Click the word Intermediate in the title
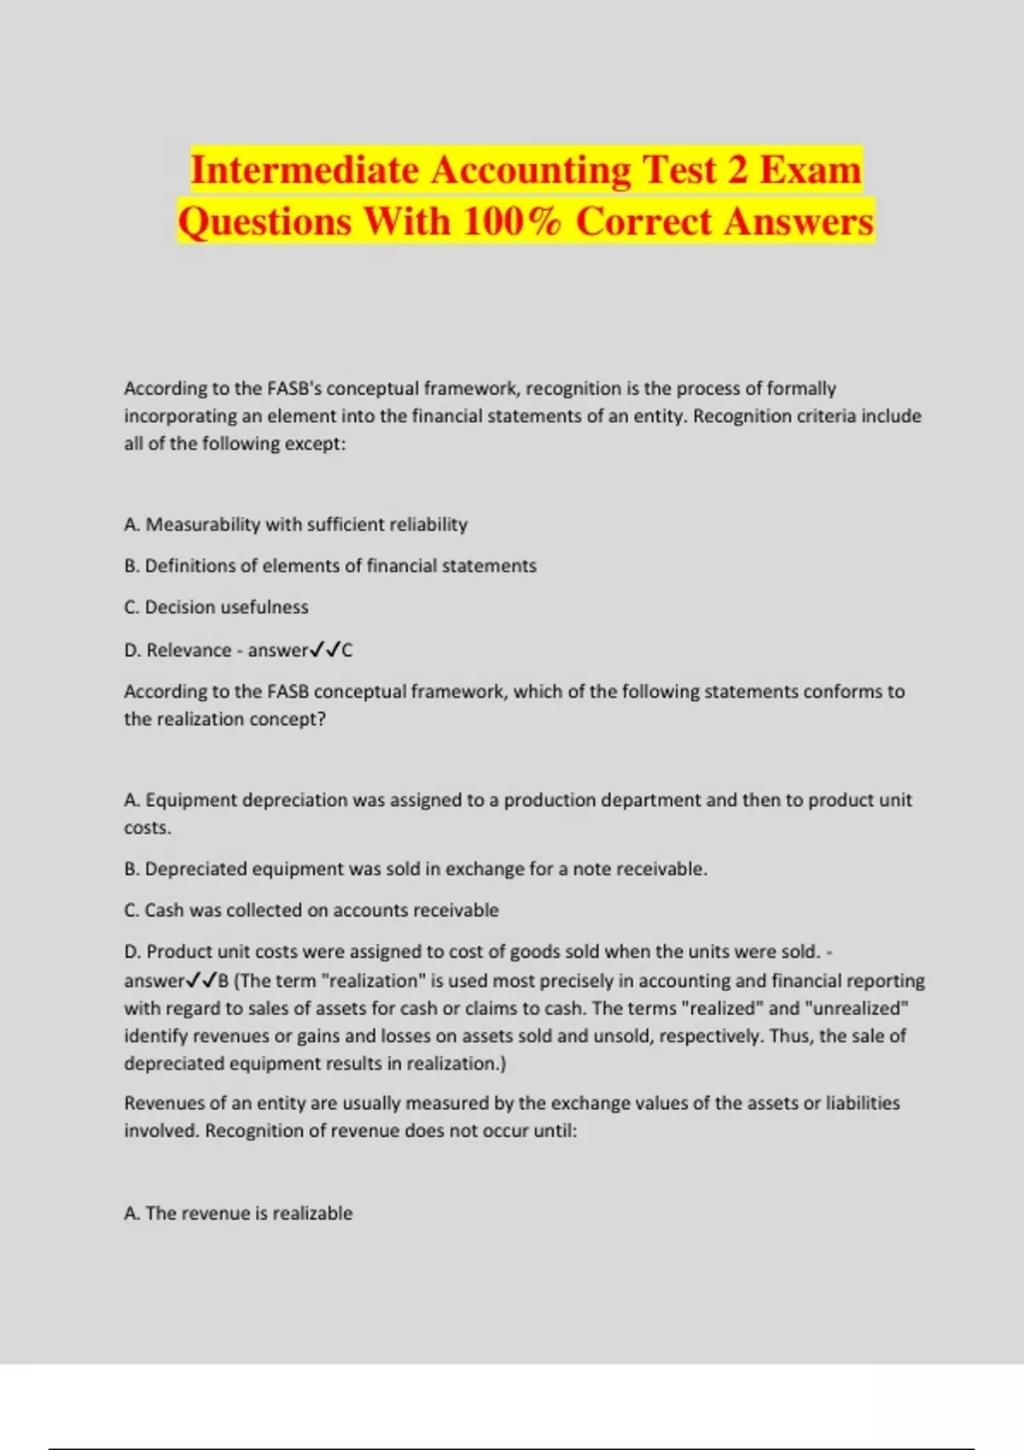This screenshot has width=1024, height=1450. point(305,169)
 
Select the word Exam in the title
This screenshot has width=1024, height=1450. point(810,169)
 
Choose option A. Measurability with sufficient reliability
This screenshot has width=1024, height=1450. point(296,525)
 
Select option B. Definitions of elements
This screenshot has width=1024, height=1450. point(330,566)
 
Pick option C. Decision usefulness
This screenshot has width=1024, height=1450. point(216,607)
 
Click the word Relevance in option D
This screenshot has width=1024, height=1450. point(189,650)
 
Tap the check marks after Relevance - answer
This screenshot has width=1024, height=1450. point(324,650)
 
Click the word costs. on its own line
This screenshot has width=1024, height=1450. point(148,827)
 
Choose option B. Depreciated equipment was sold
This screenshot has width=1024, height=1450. point(416,869)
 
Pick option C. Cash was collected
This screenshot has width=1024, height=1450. point(311,910)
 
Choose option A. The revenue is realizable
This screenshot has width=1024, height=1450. point(238,1213)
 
